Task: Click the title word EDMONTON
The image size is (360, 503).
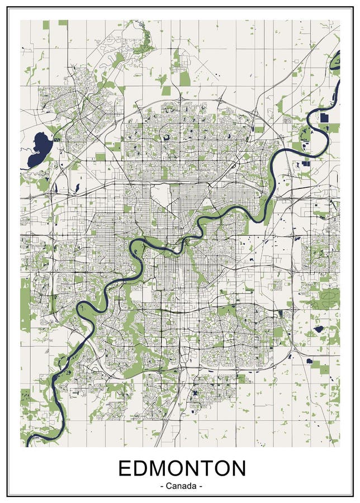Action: (182, 468)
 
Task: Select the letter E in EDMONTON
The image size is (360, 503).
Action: (125, 468)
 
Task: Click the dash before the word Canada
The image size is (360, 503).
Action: (162, 486)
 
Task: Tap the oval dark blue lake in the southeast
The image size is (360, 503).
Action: (319, 329)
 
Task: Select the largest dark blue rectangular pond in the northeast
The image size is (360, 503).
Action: (324, 118)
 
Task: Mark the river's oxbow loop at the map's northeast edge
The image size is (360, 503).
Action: (334, 61)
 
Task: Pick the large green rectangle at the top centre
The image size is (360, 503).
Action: (184, 78)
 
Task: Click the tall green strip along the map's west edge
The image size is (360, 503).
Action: (25, 305)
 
